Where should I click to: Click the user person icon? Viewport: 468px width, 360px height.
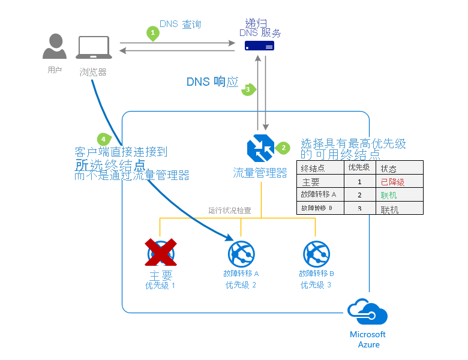tap(55, 46)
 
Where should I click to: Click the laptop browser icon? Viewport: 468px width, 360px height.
tap(93, 48)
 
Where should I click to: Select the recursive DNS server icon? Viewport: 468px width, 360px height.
tap(260, 46)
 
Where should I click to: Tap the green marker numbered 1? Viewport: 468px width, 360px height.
tap(154, 33)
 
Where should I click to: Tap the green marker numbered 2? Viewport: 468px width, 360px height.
tap(283, 148)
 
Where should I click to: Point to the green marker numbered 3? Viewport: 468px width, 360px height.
tap(248, 89)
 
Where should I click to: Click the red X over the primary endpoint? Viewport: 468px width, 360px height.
tap(161, 252)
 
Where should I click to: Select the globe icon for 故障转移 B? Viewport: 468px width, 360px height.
tap(316, 253)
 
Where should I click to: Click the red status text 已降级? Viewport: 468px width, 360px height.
tap(393, 182)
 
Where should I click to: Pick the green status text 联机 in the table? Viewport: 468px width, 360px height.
tap(389, 196)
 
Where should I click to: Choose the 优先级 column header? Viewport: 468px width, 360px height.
tap(359, 167)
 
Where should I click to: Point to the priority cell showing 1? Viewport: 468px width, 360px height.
tap(359, 182)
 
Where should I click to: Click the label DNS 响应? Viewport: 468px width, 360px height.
tap(212, 82)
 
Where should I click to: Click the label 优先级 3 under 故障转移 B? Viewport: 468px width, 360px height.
tap(316, 285)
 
